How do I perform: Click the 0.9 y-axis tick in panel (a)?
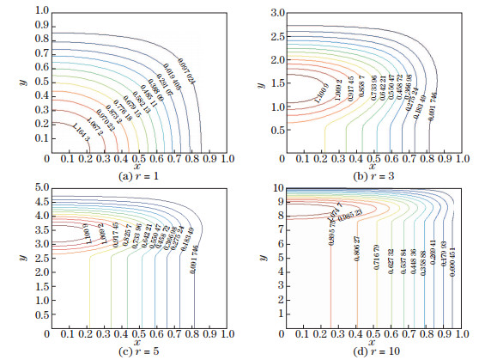point(39,25)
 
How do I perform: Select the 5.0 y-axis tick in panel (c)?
point(39,186)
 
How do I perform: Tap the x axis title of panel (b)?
point(379,167)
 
